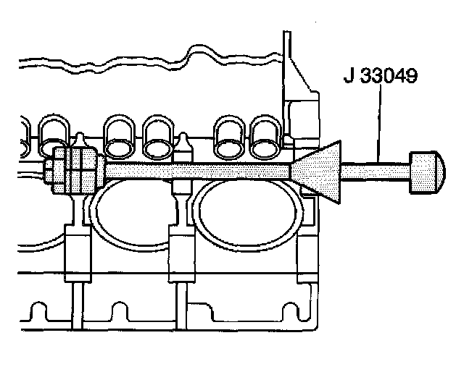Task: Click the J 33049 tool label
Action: point(380,76)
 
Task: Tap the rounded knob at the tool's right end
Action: point(426,172)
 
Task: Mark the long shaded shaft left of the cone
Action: point(196,171)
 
